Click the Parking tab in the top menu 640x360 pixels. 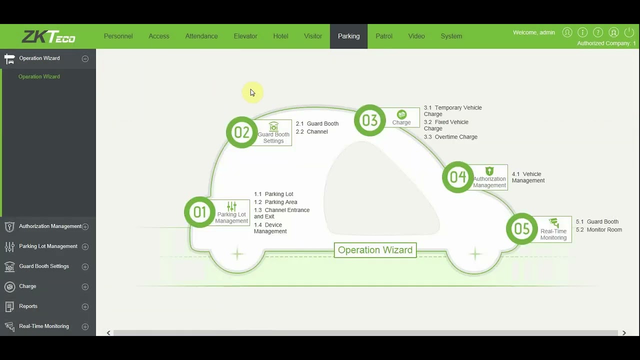tap(348, 36)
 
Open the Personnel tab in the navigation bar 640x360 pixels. tap(118, 36)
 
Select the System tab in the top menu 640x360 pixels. tap(451, 36)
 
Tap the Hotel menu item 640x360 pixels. tap(280, 36)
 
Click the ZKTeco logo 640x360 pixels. tap(48, 36)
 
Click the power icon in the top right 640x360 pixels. tap(629, 32)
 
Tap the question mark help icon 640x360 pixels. tap(597, 32)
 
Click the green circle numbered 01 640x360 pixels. tap(199, 212)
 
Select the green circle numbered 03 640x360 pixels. tap(369, 120)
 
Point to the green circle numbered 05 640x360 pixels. tap(521, 228)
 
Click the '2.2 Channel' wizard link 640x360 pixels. tap(311, 131)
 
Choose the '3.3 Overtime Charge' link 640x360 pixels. tap(450, 137)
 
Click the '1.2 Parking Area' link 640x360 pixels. tap(275, 202)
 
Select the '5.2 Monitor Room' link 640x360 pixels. tap(599, 229)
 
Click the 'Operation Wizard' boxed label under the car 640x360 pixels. tap(375, 250)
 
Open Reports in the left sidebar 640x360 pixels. tap(28, 306)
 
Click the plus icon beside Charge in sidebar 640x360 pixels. tap(85, 286)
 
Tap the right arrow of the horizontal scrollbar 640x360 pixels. tap(624, 333)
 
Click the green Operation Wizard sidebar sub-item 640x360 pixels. tap(39, 76)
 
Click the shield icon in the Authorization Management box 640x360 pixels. tap(489, 171)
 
